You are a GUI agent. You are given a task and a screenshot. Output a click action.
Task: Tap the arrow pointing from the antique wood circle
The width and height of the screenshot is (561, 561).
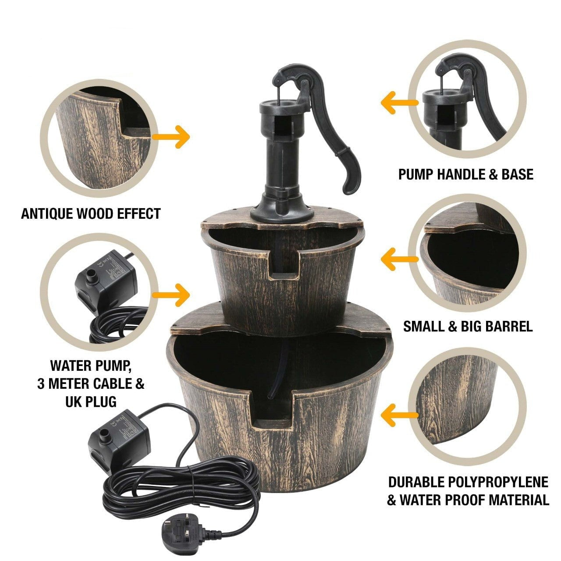[x=171, y=137]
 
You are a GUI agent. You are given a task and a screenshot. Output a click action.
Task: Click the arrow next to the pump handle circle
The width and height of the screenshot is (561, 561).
[x=400, y=103]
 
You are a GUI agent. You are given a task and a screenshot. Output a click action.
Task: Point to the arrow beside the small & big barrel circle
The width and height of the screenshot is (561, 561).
[x=400, y=259]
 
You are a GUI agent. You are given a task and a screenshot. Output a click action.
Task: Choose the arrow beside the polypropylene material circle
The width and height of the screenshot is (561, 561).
[x=400, y=415]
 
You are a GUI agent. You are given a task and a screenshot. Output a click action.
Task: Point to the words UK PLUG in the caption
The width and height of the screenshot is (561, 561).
[x=91, y=402]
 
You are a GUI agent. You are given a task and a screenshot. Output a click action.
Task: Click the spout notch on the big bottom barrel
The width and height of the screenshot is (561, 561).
[x=271, y=411]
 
